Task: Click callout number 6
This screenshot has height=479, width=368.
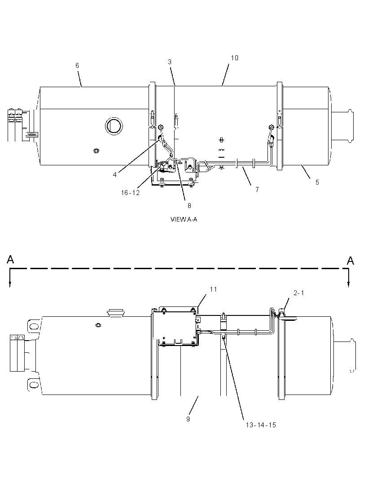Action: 77,65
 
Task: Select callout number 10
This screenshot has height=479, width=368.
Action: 234,58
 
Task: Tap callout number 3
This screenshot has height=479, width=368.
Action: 170,62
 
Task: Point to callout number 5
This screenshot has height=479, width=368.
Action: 317,182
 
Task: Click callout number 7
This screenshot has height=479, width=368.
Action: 257,190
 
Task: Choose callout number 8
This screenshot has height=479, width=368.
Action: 189,206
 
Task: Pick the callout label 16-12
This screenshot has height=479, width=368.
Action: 130,193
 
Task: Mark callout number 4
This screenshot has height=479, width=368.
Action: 115,175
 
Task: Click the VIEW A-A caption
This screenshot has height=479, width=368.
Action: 184,219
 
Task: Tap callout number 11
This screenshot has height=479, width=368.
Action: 213,289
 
